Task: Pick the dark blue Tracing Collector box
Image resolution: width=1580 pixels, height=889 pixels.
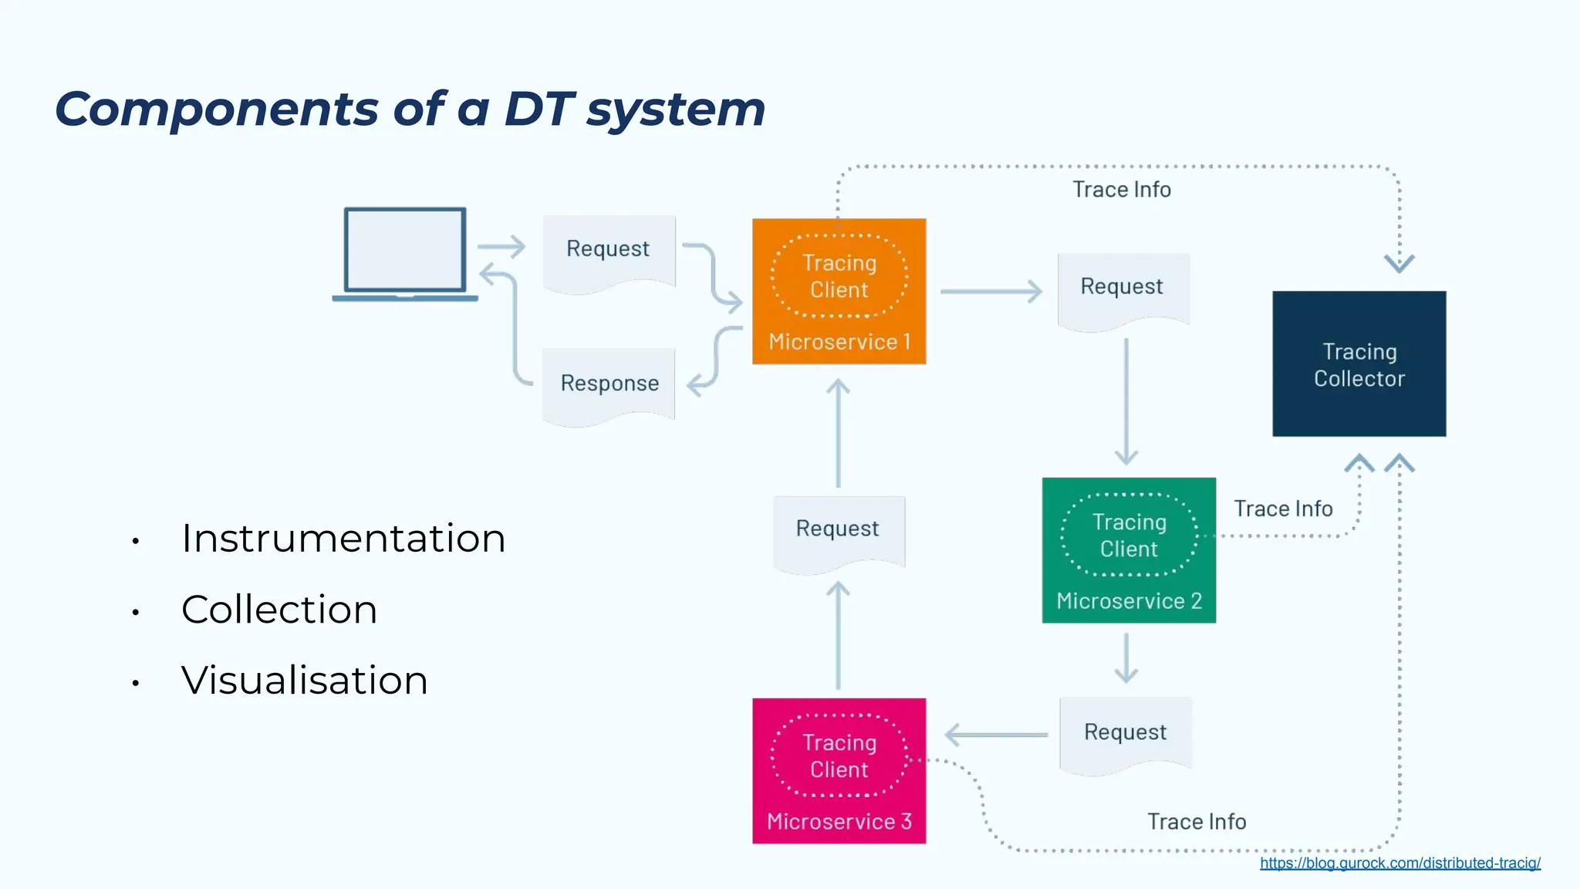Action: (x=1359, y=364)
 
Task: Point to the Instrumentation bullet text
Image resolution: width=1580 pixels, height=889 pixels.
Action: (x=343, y=539)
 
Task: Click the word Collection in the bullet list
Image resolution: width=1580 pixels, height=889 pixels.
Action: (x=279, y=610)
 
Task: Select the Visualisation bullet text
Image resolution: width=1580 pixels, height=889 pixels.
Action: (x=305, y=681)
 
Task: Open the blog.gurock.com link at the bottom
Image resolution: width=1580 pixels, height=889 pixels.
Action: (x=1399, y=864)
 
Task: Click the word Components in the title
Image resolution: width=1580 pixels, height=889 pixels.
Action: (x=217, y=109)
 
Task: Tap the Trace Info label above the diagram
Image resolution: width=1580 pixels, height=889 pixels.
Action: (x=1121, y=190)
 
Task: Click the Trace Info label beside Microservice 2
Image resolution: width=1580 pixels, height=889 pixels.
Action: (x=1283, y=509)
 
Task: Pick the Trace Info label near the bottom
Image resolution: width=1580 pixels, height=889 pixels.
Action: (x=1197, y=822)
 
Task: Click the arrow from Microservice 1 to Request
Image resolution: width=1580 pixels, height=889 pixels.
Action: (x=991, y=292)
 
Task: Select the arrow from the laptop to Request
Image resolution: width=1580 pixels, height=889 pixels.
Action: (x=501, y=247)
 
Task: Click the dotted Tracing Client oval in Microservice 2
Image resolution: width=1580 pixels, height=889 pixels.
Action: (x=1129, y=536)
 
